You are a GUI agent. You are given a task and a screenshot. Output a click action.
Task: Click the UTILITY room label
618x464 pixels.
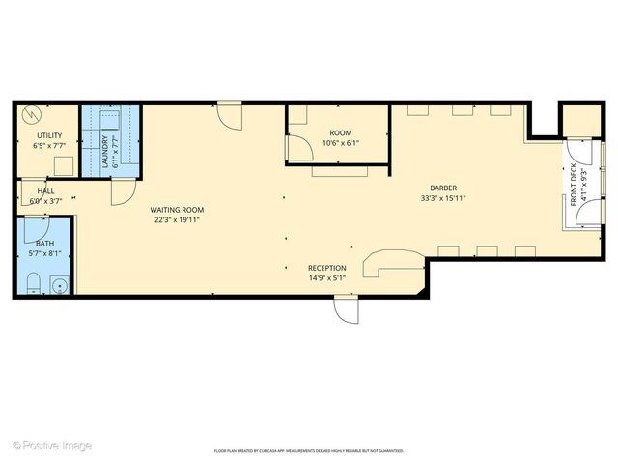[50, 135]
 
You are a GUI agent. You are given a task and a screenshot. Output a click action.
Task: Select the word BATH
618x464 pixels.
[45, 244]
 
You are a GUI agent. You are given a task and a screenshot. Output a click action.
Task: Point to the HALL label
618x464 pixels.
[45, 191]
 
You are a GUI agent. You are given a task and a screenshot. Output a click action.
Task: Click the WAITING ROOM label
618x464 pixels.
[177, 210]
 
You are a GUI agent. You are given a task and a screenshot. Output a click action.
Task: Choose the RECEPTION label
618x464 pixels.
[326, 268]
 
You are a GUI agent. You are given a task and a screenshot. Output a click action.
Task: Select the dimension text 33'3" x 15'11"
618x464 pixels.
[444, 199]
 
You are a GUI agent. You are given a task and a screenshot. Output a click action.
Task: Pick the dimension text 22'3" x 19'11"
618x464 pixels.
[177, 219]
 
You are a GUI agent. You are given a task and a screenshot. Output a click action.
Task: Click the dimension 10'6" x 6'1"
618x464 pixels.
[340, 143]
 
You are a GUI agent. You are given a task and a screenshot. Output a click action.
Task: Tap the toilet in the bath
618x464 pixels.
[33, 283]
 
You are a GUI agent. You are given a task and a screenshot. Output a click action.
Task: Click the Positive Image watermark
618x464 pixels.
[52, 446]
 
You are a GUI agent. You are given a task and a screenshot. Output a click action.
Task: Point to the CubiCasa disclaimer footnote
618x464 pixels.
[309, 450]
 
